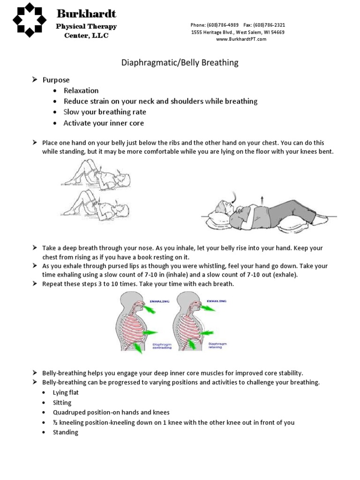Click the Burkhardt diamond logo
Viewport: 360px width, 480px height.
pyautogui.click(x=29, y=20)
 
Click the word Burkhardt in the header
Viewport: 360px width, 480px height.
pyautogui.click(x=86, y=13)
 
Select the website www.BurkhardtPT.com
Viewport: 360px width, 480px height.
pyautogui.click(x=241, y=39)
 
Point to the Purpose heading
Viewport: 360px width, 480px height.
pyautogui.click(x=56, y=80)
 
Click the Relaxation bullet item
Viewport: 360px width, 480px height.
pyautogui.click(x=81, y=90)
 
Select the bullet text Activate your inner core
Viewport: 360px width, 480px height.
pyautogui.click(x=104, y=123)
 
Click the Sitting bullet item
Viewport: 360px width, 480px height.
pyautogui.click(x=63, y=403)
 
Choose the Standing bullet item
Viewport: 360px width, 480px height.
pyautogui.click(x=66, y=432)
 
